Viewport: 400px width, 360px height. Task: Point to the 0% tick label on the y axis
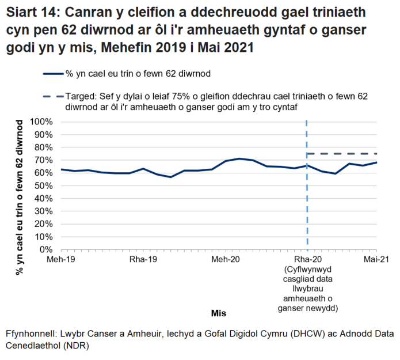point(47,249)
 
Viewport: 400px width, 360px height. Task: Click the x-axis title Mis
point(219,314)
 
